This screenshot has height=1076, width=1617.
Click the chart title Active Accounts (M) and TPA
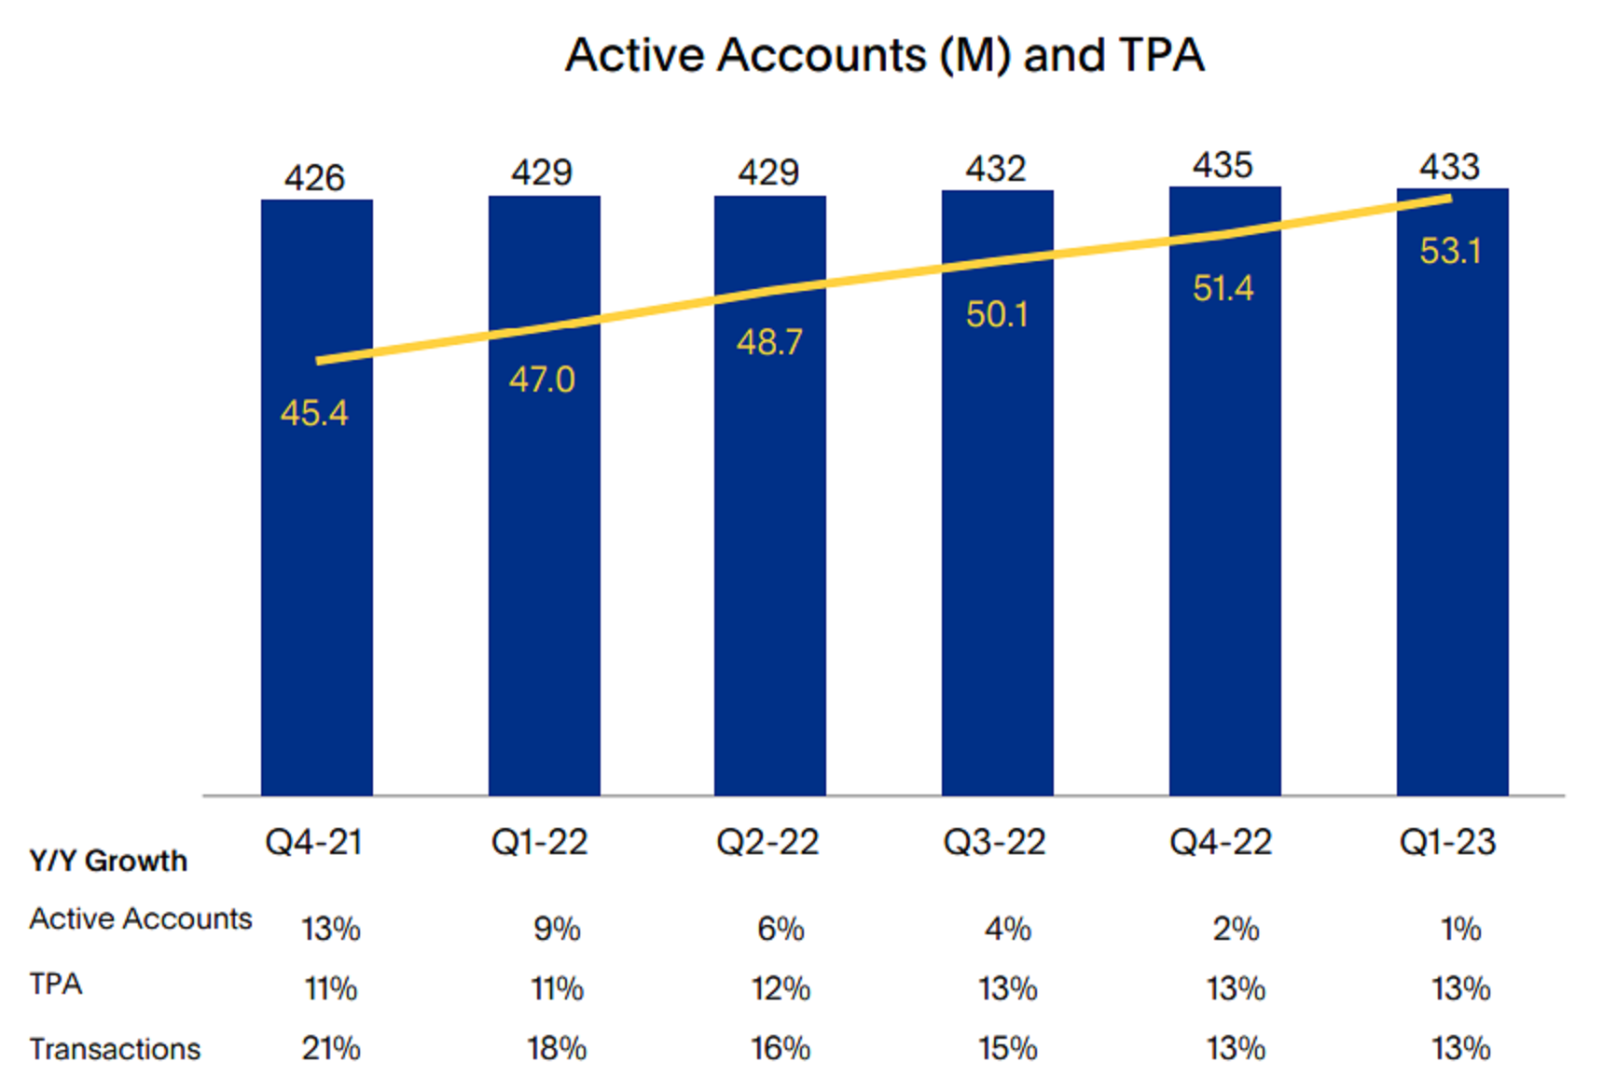pos(884,55)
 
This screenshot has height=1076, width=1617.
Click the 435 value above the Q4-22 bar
pos(1223,166)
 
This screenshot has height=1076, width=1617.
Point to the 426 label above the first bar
pos(314,178)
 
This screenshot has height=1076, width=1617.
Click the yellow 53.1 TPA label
pos(1450,251)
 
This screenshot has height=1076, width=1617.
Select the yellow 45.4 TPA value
pos(314,413)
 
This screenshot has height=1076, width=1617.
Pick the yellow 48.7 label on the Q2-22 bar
pos(769,342)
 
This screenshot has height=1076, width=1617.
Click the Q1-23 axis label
pos(1447,843)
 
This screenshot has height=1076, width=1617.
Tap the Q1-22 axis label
pos(539,843)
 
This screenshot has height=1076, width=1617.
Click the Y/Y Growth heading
pos(108,861)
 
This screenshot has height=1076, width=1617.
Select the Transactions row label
pos(115,1049)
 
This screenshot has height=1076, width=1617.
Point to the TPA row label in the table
pos(56,984)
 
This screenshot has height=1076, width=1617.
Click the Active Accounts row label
pos(141,919)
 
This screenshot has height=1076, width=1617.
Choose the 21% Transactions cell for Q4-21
pos(331,1049)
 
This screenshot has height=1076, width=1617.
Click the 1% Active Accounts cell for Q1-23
pos(1460,930)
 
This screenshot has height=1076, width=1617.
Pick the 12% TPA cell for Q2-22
pos(781,988)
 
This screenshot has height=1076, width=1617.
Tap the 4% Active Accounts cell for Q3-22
pos(1008,930)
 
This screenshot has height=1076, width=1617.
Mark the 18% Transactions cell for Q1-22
pos(557,1049)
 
